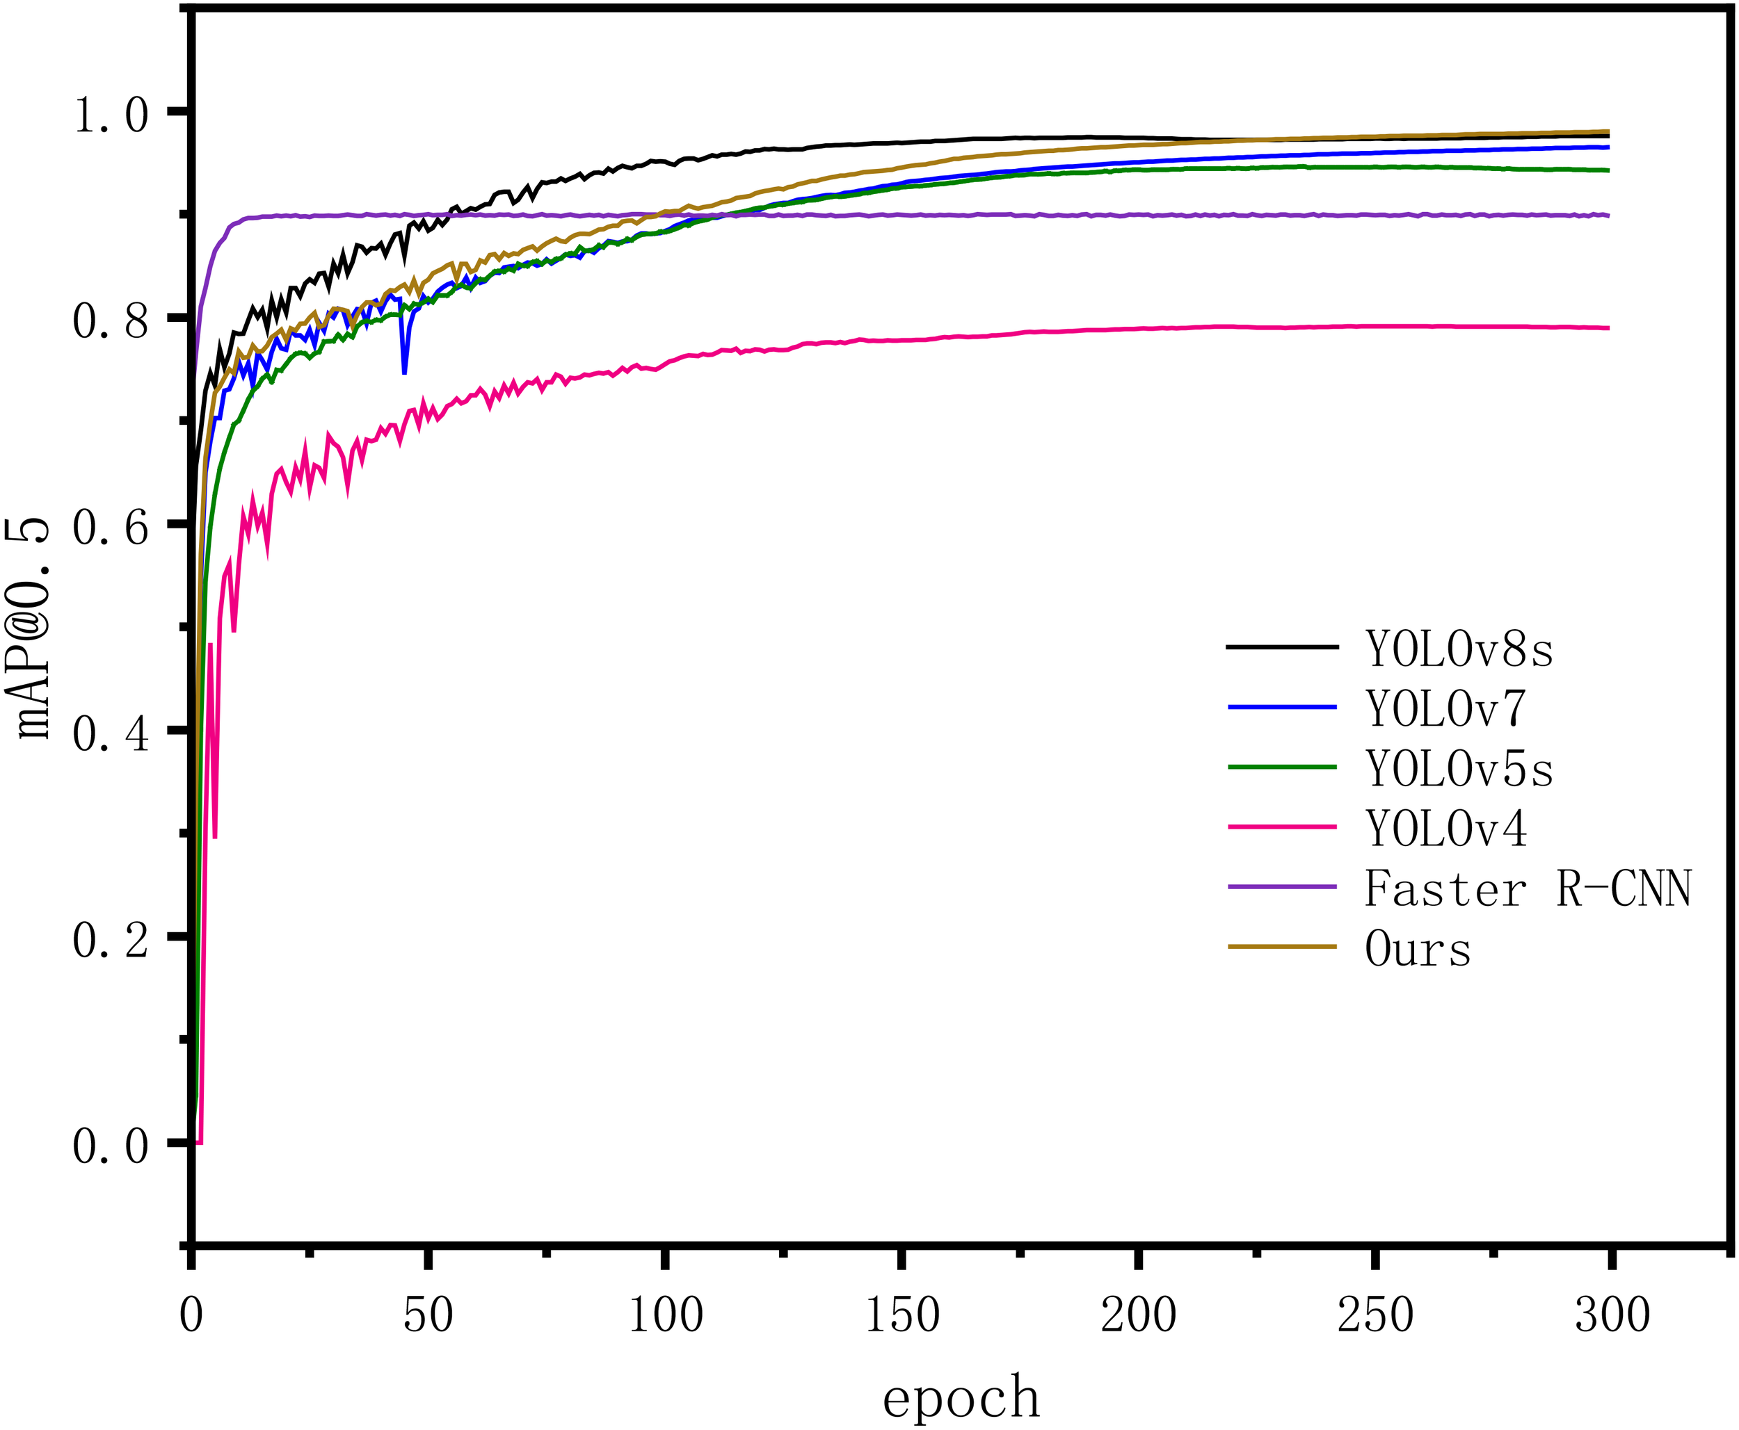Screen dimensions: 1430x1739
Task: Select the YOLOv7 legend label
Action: coord(1445,708)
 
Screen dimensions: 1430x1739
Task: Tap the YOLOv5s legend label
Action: coord(1459,769)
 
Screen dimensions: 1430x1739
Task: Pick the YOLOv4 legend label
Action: coord(1445,828)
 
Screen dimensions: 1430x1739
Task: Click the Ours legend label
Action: coord(1418,948)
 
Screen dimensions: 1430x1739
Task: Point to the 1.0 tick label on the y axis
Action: coord(111,114)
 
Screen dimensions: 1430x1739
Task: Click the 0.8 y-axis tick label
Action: coord(111,320)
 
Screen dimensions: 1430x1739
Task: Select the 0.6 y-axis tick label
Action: coord(111,526)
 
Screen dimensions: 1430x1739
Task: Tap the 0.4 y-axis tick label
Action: coord(111,731)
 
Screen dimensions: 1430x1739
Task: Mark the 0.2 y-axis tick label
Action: coord(111,939)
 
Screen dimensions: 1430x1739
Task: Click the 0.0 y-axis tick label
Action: coord(111,1145)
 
